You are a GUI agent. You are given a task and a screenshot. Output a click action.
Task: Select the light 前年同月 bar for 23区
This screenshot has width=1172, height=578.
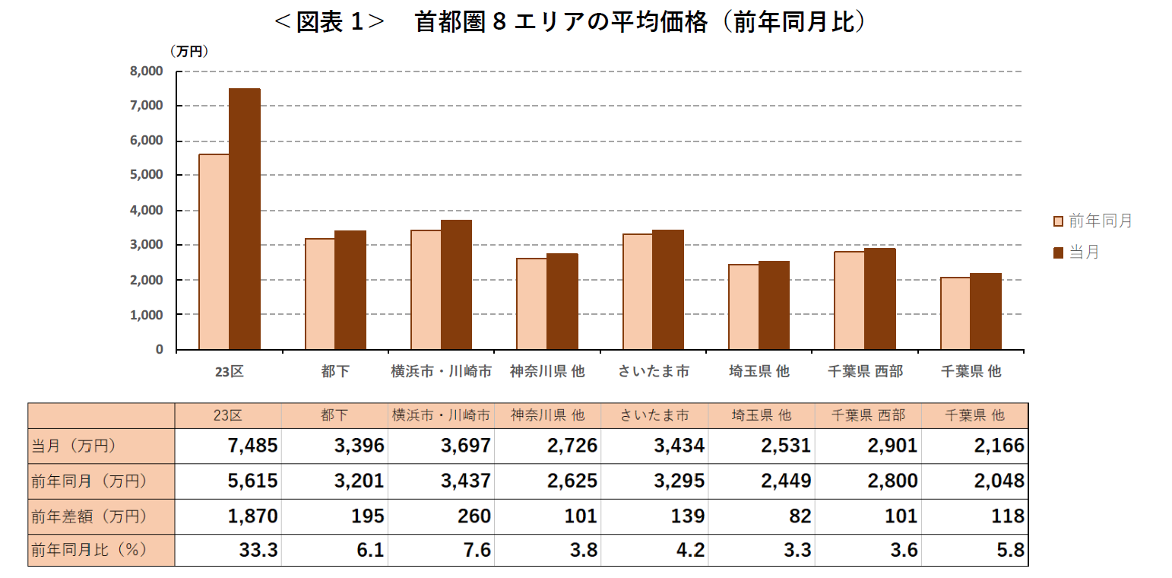(214, 252)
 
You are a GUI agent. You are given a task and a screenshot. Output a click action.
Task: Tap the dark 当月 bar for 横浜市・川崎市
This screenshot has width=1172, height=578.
(456, 285)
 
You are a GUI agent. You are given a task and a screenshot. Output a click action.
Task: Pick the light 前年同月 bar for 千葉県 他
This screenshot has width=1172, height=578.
(955, 313)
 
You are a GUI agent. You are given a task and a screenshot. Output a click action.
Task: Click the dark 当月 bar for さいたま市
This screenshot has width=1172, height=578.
(668, 290)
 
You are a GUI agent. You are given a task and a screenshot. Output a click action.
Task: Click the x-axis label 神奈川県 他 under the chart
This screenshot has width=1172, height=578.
(547, 371)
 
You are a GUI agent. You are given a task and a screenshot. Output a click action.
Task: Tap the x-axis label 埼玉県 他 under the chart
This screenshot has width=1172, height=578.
(759, 371)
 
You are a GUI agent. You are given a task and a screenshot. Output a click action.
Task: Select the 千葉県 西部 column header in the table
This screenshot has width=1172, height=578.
(867, 415)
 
